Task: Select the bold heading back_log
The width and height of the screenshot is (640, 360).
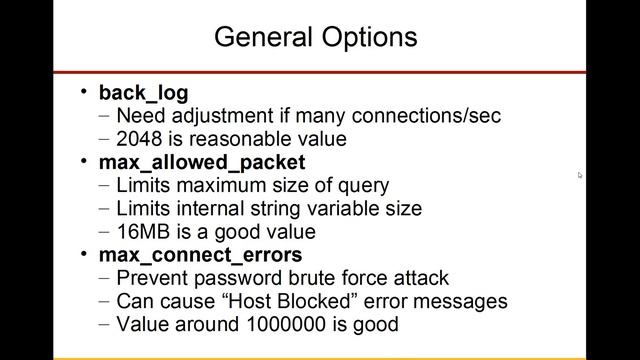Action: tap(141, 93)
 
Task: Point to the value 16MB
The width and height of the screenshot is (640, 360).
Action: tap(143, 231)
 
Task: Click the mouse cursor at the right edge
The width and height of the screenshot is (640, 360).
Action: tap(580, 175)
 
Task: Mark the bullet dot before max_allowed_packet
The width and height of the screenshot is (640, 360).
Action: tap(85, 162)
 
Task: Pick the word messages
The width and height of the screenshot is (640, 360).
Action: tap(463, 301)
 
